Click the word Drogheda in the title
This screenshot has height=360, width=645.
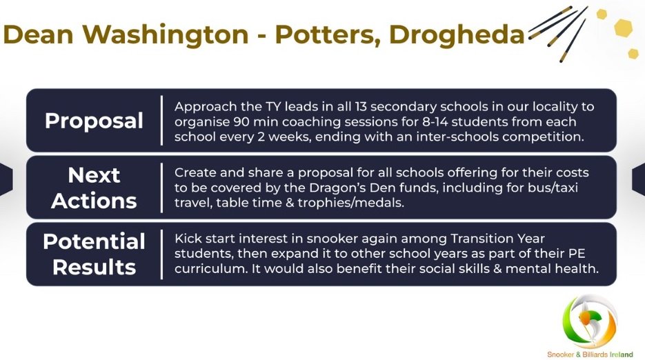(x=457, y=34)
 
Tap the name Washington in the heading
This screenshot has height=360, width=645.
(x=166, y=34)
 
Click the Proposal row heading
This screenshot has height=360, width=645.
(x=95, y=121)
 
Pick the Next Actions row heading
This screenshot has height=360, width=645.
(x=95, y=188)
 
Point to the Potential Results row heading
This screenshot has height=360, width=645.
(x=95, y=254)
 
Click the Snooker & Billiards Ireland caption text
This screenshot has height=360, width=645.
(x=590, y=354)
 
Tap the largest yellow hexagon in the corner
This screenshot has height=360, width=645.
(x=622, y=28)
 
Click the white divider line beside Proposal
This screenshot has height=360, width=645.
(x=161, y=121)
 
